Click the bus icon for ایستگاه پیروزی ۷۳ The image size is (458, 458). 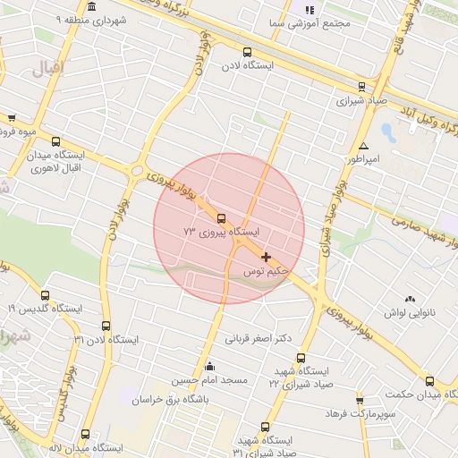click(222, 217)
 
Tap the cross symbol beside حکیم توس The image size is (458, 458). click(267, 257)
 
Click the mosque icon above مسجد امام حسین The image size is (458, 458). click(210, 366)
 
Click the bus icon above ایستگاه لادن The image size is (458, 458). click(247, 52)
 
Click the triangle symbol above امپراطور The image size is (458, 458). click(363, 145)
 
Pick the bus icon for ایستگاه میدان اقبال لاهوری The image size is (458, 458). click(56, 141)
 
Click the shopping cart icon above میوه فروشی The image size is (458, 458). click(11, 117)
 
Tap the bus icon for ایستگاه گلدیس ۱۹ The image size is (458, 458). click(46, 295)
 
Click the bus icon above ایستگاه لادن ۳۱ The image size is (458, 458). click(106, 326)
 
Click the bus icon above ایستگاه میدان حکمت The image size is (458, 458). click(430, 381)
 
